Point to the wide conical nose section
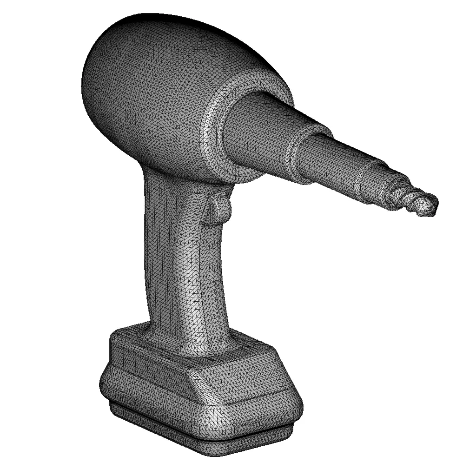tap(265, 135)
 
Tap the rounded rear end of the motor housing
tap(93, 84)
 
